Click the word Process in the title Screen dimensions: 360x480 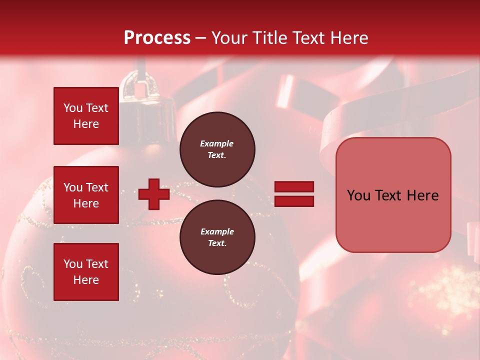pos(157,37)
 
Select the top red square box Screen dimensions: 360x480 pos(86,116)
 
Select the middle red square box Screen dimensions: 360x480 pos(86,195)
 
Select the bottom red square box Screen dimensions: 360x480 pos(86,272)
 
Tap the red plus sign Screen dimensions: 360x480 pos(154,194)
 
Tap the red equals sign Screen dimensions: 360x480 pos(294,194)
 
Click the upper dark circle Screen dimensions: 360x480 pos(217,149)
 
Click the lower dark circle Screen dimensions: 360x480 pos(217,237)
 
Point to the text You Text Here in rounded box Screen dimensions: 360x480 pos(392,195)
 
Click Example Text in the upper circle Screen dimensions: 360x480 pos(217,149)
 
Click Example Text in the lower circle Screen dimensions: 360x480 pos(217,237)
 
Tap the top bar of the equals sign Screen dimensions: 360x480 pos(294,187)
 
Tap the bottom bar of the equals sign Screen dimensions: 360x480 pos(294,201)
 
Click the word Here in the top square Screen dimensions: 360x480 pos(86,124)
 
